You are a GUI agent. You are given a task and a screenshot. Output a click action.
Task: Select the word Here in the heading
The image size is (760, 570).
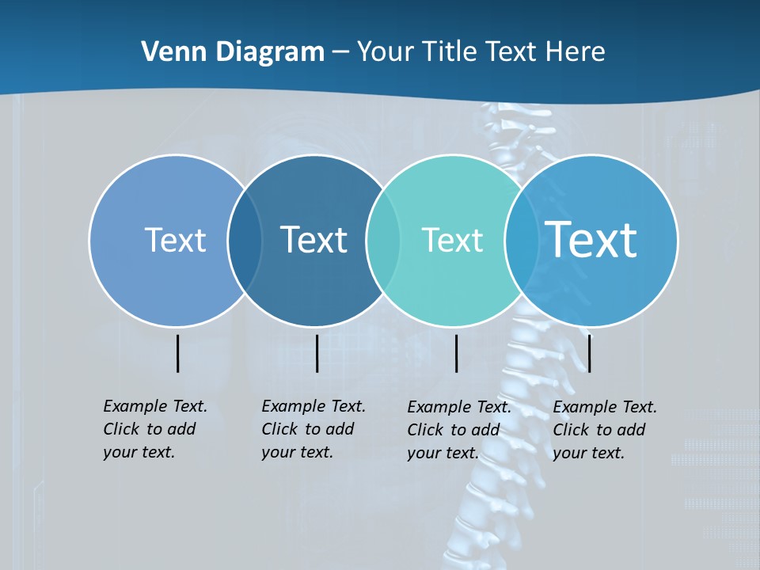pos(576,52)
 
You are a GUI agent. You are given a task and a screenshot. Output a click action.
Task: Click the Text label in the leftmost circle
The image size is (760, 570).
pos(175,240)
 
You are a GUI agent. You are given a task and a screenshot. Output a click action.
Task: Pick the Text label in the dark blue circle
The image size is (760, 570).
pos(313,240)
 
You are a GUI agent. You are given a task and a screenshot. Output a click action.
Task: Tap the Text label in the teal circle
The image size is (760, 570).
pos(452,240)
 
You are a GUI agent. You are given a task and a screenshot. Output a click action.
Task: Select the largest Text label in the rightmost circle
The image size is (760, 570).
pos(591,240)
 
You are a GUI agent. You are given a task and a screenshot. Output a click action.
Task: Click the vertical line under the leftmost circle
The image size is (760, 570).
pos(177,353)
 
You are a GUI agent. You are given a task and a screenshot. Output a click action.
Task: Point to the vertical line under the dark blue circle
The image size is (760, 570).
pos(317,353)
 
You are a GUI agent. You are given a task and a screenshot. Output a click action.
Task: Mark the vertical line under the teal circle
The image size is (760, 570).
pos(456,353)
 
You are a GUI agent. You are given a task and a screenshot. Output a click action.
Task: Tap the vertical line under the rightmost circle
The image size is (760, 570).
pos(589,353)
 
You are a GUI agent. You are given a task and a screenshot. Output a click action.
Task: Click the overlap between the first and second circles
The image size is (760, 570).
pos(245,240)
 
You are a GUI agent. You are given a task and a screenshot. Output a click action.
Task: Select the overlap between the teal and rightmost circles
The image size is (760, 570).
pos(522,240)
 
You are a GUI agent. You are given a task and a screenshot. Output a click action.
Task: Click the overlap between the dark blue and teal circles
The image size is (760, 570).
pos(383,240)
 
